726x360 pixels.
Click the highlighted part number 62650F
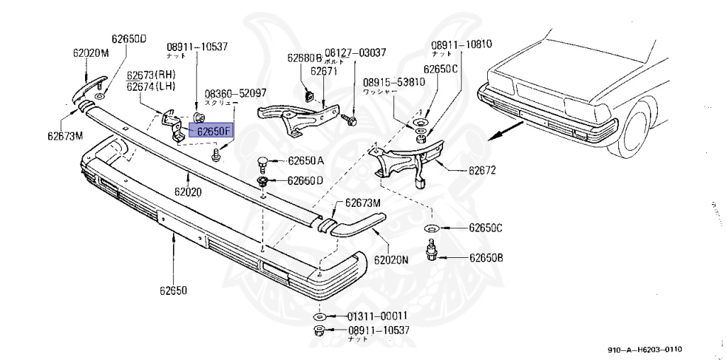(211, 130)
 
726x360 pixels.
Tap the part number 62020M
(91, 52)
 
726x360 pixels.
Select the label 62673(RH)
(151, 75)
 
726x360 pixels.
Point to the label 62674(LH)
(151, 86)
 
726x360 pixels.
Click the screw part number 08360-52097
(235, 93)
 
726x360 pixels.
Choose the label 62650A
(306, 161)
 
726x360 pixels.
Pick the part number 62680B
(305, 58)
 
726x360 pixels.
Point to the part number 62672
(481, 170)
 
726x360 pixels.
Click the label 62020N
(391, 259)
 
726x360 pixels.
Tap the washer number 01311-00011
(367, 316)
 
